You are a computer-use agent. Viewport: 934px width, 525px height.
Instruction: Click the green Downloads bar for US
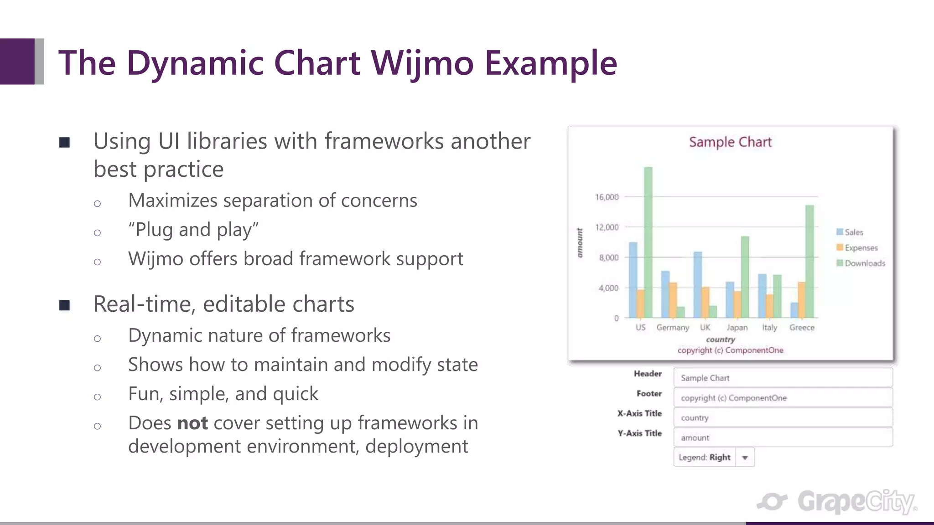pyautogui.click(x=648, y=242)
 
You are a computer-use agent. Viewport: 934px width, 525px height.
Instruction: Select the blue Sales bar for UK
pyautogui.click(x=697, y=284)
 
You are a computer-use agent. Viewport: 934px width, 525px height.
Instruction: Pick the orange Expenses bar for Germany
pyautogui.click(x=673, y=300)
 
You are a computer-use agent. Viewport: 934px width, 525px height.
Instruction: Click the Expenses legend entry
pyautogui.click(x=861, y=248)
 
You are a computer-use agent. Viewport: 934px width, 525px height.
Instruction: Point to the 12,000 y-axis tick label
pyautogui.click(x=607, y=227)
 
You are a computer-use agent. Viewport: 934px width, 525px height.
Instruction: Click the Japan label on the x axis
pyautogui.click(x=737, y=328)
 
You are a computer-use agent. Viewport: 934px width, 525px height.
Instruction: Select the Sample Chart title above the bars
pyautogui.click(x=730, y=142)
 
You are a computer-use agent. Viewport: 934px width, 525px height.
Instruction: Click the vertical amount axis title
pyautogui.click(x=580, y=243)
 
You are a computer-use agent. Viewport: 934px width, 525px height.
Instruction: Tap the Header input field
pyautogui.click(x=783, y=378)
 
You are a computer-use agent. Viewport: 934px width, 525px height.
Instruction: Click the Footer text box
pyautogui.click(x=783, y=398)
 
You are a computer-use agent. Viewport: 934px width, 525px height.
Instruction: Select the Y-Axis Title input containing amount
pyautogui.click(x=783, y=437)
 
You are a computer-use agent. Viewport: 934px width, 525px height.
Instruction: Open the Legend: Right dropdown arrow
pyautogui.click(x=745, y=458)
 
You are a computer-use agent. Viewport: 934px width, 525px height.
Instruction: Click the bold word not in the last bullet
pyautogui.click(x=192, y=423)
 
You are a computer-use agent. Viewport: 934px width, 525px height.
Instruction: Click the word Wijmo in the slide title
pyautogui.click(x=422, y=63)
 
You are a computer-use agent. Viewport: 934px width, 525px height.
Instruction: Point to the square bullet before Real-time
pyautogui.click(x=64, y=305)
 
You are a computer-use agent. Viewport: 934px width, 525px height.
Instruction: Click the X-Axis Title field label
pyautogui.click(x=639, y=413)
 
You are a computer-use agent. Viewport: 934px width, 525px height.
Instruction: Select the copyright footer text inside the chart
pyautogui.click(x=730, y=350)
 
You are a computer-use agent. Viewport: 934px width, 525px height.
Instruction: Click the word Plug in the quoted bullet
pyautogui.click(x=155, y=230)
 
